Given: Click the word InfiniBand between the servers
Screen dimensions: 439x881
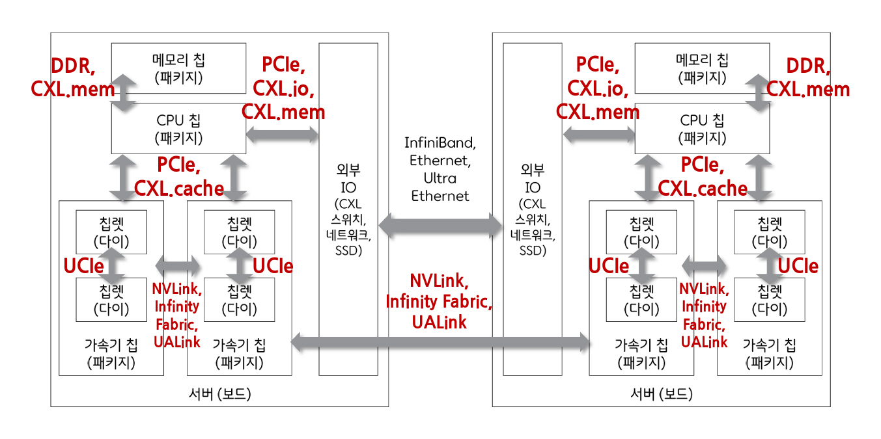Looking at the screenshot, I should pos(440,142).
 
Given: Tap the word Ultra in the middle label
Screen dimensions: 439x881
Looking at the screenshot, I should pos(440,178).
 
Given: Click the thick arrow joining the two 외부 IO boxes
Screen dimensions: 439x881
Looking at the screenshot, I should pos(440,226).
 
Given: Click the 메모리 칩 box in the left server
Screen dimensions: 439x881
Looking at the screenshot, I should pos(178,69).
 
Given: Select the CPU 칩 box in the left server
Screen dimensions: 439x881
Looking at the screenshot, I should pos(178,129).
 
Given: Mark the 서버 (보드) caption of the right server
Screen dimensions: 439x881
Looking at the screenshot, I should pos(661,394).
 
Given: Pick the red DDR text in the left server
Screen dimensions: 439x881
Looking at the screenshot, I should pos(73,66).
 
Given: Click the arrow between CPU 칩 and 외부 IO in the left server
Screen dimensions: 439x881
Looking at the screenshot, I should pos(282,135).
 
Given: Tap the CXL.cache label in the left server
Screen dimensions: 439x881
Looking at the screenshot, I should pos(179,188).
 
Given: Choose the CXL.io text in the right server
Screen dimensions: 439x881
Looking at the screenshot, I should pos(597,88).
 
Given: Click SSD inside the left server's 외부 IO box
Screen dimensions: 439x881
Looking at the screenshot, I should pos(348,250).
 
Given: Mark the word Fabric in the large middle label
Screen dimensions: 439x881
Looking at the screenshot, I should pos(466,302).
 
